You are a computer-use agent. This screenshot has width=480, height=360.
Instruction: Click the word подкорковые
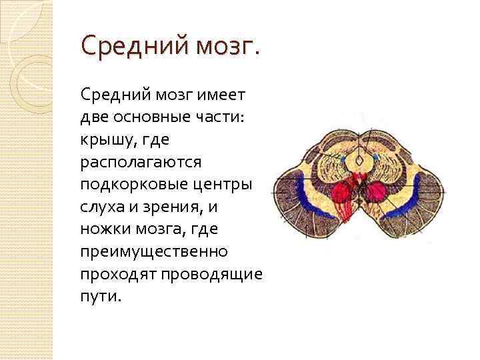tap(127, 185)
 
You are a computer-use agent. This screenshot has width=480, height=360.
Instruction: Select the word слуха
tap(101, 207)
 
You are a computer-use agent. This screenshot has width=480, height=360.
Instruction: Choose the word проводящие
tap(213, 275)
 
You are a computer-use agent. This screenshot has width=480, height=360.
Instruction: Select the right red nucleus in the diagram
tap(375, 192)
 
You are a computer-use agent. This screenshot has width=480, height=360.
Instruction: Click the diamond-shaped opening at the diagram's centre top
tap(360, 161)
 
